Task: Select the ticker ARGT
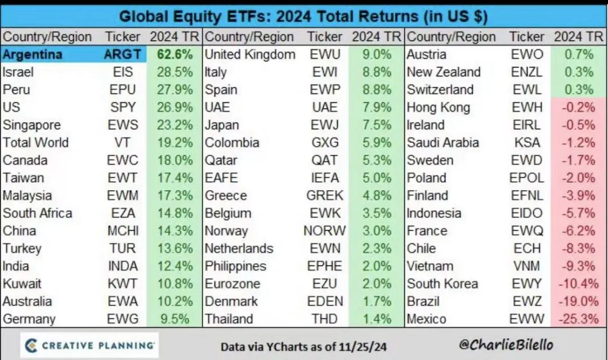(122, 55)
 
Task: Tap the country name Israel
(18, 72)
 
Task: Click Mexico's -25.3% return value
(578, 319)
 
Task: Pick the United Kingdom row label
(249, 55)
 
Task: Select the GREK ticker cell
(325, 195)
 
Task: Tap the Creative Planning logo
(90, 345)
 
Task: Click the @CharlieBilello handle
(506, 345)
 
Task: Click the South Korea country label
(442, 284)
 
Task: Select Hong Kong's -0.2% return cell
(578, 107)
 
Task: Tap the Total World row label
(35, 142)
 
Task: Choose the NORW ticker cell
(325, 231)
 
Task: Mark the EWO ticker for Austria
(527, 55)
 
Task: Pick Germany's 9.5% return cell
(175, 319)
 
